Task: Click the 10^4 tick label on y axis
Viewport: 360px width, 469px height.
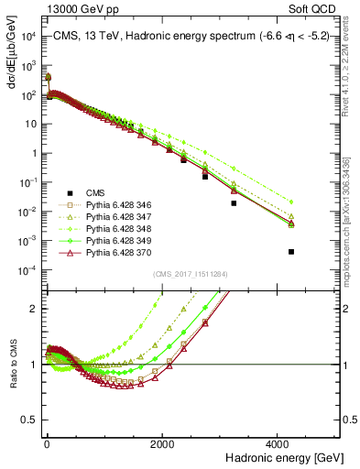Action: pyautogui.click(x=29, y=36)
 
